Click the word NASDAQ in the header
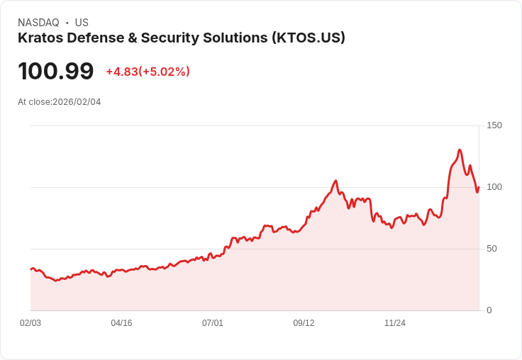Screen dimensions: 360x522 point(38,23)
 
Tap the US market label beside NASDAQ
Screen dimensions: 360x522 point(82,23)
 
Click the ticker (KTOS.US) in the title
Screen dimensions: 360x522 point(308,38)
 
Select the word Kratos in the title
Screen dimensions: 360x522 point(38,38)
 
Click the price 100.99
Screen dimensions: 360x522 point(56,72)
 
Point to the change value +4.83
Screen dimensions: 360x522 point(121,72)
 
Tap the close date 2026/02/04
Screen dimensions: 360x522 point(77,102)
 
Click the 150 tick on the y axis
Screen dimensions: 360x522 point(494,125)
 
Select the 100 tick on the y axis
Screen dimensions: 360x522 point(494,187)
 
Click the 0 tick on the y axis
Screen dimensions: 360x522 point(489,310)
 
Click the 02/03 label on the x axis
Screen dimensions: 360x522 point(30,323)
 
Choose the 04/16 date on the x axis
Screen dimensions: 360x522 point(121,323)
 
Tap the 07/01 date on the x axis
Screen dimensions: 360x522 point(213,323)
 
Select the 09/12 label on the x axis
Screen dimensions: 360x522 point(304,323)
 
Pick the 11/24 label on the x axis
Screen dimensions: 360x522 point(395,323)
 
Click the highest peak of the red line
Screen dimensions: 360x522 point(460,150)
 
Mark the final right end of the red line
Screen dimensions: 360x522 point(479,188)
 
